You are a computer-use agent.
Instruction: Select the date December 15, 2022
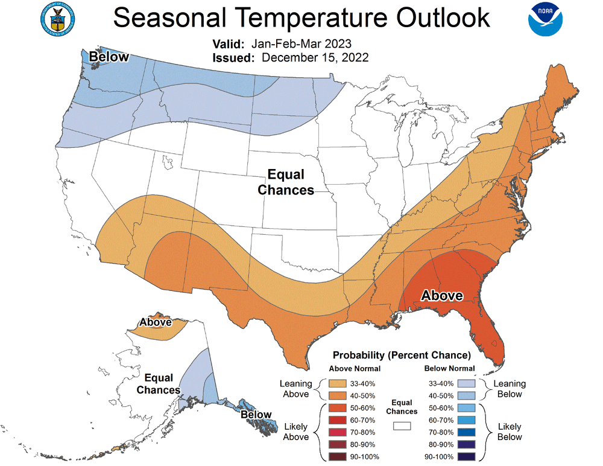[315, 57]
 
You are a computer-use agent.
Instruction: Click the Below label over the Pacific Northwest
[109, 57]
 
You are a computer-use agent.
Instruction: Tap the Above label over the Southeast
[442, 296]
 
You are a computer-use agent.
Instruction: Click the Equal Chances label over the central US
[286, 182]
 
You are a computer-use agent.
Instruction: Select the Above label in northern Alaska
[155, 322]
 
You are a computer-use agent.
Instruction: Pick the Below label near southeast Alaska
[256, 415]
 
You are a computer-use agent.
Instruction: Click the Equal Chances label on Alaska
[159, 384]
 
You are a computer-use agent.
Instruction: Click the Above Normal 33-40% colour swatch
[338, 383]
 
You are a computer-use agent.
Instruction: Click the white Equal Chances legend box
[402, 426]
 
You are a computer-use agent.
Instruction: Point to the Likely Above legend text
[295, 432]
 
